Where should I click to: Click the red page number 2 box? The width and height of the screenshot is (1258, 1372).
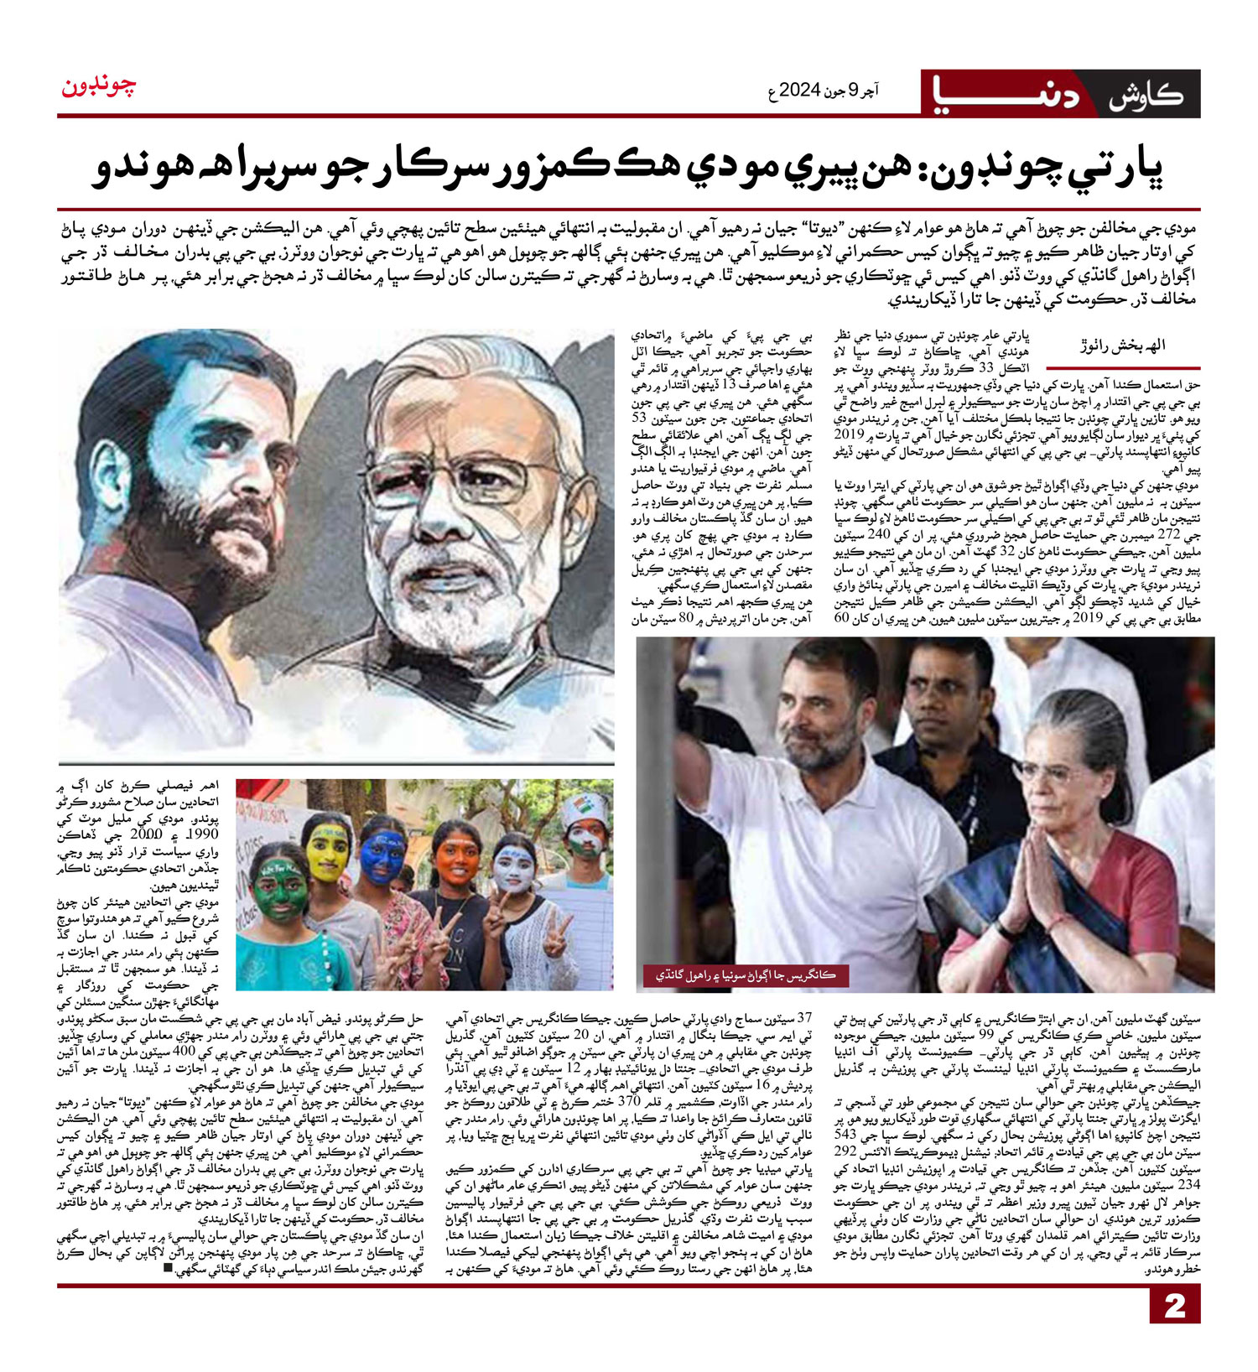(1175, 1305)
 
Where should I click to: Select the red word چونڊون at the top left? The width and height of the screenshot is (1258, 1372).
(99, 86)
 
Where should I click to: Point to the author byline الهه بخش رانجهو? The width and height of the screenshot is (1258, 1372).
(1124, 346)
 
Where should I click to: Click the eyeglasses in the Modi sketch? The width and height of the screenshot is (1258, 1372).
(470, 478)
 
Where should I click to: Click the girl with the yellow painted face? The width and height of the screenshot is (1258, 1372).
(327, 851)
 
